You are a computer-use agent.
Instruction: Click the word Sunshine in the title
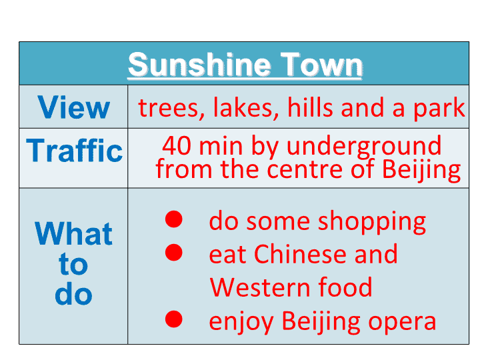tap(199, 65)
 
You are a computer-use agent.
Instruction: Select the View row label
tap(73, 107)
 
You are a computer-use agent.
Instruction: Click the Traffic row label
tap(74, 150)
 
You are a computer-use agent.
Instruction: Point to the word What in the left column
tap(73, 233)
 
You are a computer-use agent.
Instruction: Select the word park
tap(439, 108)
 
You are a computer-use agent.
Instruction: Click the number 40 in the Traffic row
tap(177, 145)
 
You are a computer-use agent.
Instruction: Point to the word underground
tap(364, 146)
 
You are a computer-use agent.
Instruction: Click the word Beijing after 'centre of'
tap(421, 170)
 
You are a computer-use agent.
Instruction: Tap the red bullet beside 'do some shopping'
tap(174, 219)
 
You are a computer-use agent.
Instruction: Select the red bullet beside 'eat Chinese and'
tap(174, 252)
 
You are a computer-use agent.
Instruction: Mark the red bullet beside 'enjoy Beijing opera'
tap(174, 319)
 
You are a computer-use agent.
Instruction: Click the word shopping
tap(372, 222)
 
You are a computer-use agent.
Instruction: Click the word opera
tap(402, 322)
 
